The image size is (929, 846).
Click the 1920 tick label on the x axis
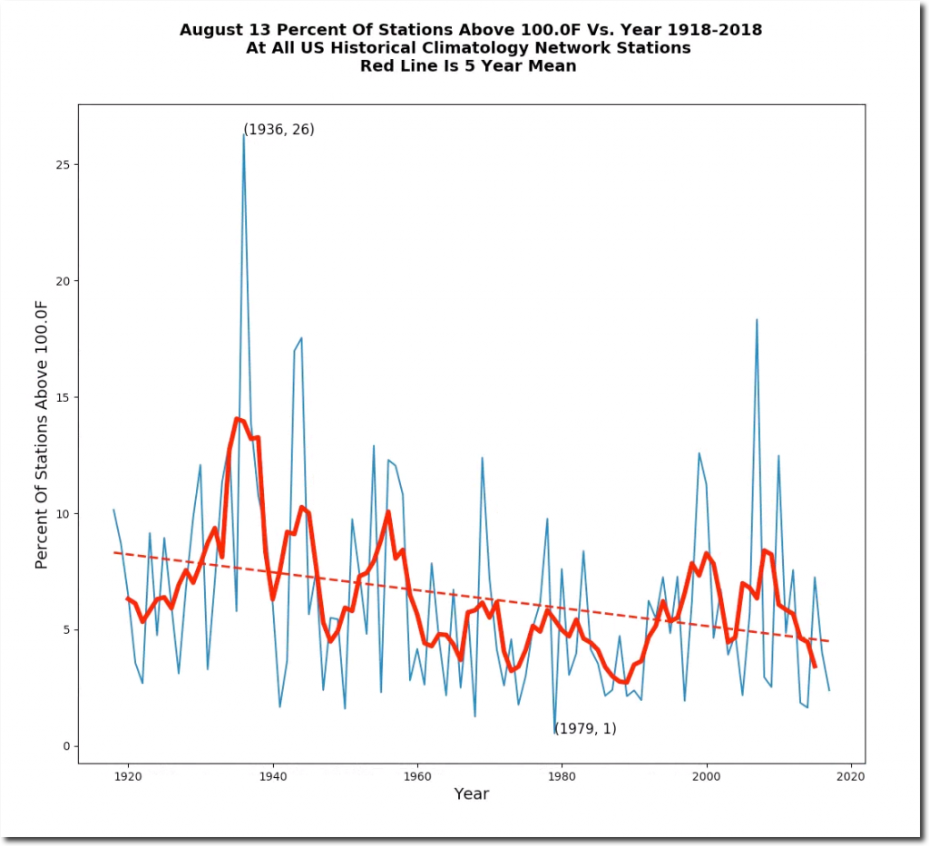coord(127,776)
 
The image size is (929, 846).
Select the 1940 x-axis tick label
coord(272,776)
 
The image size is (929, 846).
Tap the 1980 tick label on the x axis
coord(562,776)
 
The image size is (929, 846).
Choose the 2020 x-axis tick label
coord(850,776)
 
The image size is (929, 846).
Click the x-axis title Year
coord(471,794)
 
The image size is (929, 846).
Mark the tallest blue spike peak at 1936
coord(243,134)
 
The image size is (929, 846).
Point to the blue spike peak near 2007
coord(757,319)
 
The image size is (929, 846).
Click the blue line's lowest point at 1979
coord(554,733)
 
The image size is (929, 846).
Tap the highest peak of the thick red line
coord(238,419)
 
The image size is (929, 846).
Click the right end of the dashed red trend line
coord(828,641)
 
